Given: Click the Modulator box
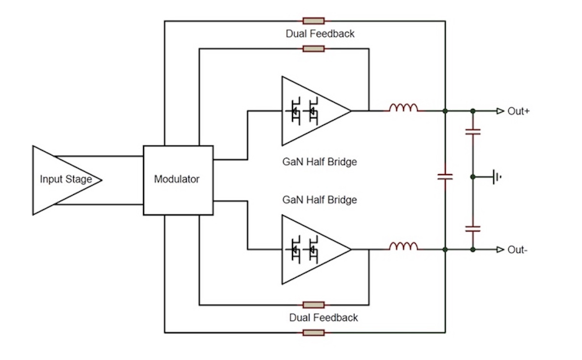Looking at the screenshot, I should [x=178, y=180].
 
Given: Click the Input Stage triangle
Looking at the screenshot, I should [x=63, y=180].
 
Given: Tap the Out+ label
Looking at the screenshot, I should [x=518, y=111].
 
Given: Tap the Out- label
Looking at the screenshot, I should [x=517, y=250].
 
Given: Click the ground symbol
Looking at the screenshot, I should [x=496, y=177].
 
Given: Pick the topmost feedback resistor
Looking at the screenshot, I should [x=313, y=21].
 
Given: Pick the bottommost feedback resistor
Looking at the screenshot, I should [x=313, y=332].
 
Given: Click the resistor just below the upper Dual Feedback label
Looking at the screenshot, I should [x=313, y=49].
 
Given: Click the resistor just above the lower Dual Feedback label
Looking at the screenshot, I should [x=313, y=305].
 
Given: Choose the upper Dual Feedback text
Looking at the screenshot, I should [x=320, y=34].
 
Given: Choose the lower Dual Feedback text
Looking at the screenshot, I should [x=323, y=318].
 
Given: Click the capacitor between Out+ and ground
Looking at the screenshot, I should [x=473, y=131].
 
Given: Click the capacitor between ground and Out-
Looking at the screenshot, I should [x=473, y=228].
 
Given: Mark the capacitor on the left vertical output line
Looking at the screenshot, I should [x=445, y=177].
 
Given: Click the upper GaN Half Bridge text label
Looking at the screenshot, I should [x=320, y=162].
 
